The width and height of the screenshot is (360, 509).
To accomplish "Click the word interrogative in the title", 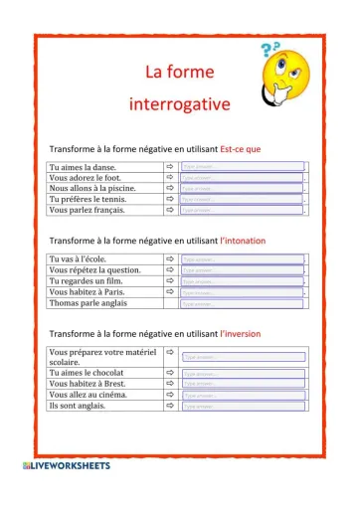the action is click(x=179, y=103).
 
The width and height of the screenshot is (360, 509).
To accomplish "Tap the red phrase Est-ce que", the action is click(x=240, y=148).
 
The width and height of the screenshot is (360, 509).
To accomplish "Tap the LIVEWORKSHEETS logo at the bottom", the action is click(x=65, y=465).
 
